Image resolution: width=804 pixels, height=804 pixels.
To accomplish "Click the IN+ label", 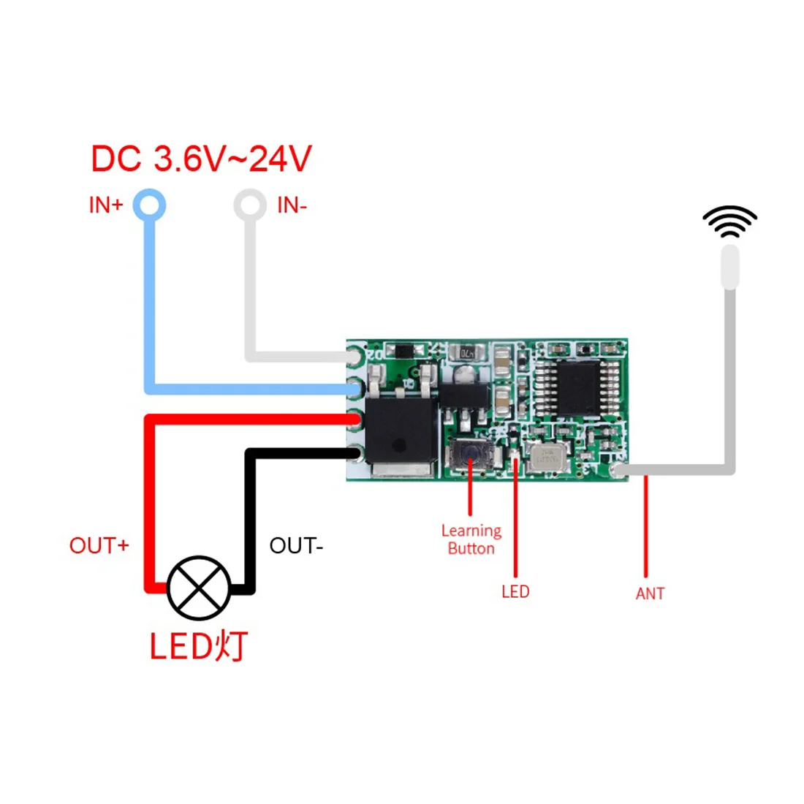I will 106,205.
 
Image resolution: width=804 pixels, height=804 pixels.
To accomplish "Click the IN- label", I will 292,205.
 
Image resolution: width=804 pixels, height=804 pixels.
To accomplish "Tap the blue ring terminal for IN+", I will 149,205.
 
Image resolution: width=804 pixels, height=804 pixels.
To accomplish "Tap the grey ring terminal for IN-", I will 250,205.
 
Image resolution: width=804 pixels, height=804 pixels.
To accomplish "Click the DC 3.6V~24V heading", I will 201,159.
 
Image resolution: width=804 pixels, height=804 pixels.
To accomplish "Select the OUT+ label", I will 99,545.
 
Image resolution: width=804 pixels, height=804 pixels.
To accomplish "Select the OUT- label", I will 296,545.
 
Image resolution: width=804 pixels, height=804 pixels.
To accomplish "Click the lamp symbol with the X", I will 199,588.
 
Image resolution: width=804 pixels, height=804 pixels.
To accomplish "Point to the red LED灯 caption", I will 199,646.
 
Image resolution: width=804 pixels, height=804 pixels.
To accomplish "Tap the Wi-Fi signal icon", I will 729,221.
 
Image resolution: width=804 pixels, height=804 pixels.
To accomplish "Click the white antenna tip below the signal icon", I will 729,267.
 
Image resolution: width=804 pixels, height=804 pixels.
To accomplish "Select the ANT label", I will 650,593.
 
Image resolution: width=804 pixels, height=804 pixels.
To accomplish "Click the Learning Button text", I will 471,539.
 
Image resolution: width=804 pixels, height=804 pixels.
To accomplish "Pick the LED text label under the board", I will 515,591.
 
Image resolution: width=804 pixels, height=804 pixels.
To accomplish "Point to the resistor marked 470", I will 466,354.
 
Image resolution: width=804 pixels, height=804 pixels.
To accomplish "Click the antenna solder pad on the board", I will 620,471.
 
